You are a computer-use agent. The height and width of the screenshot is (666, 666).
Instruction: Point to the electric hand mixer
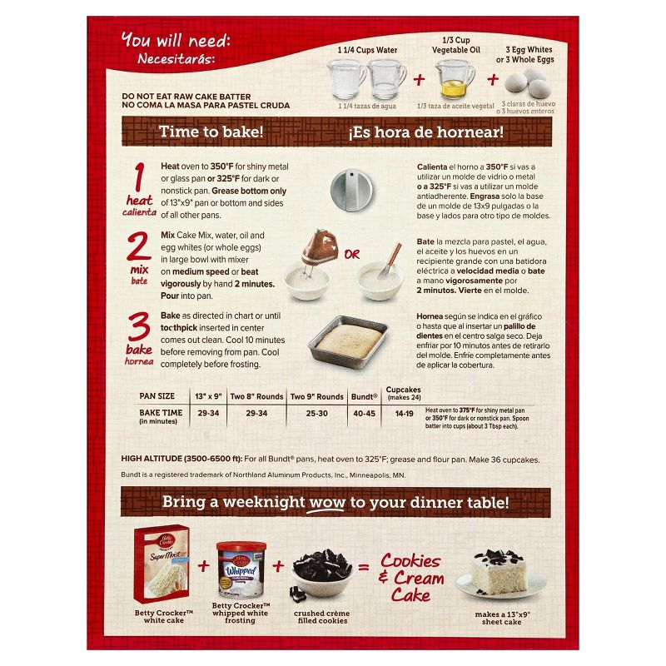pyautogui.click(x=317, y=251)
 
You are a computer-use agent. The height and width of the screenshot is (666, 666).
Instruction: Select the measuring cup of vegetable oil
pyautogui.click(x=455, y=81)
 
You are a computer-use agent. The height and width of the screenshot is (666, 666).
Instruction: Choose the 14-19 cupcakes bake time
pyautogui.click(x=403, y=411)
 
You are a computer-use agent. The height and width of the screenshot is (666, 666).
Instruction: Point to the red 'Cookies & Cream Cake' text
pyautogui.click(x=413, y=577)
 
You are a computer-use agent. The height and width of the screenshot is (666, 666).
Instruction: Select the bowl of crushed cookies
pyautogui.click(x=324, y=574)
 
